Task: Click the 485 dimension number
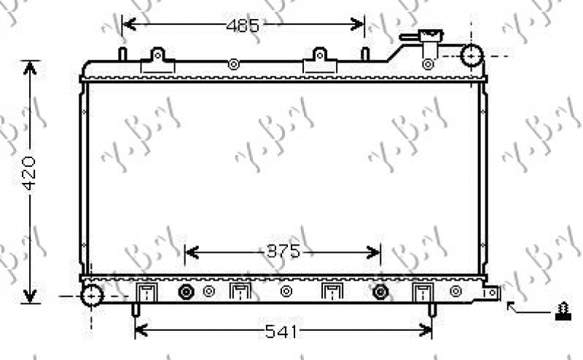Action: (x=243, y=26)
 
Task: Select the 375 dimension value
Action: (x=283, y=252)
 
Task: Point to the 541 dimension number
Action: (x=281, y=332)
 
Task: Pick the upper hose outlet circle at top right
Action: (x=473, y=55)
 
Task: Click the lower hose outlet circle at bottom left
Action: (x=92, y=295)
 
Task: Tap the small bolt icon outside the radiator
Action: (x=562, y=312)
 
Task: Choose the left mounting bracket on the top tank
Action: (x=159, y=61)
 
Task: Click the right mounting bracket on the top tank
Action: (x=318, y=61)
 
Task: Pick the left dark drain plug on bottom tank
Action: (x=186, y=292)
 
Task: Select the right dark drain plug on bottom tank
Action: (x=380, y=292)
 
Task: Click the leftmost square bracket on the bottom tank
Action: (x=147, y=292)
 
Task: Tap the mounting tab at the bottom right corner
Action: (x=493, y=293)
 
